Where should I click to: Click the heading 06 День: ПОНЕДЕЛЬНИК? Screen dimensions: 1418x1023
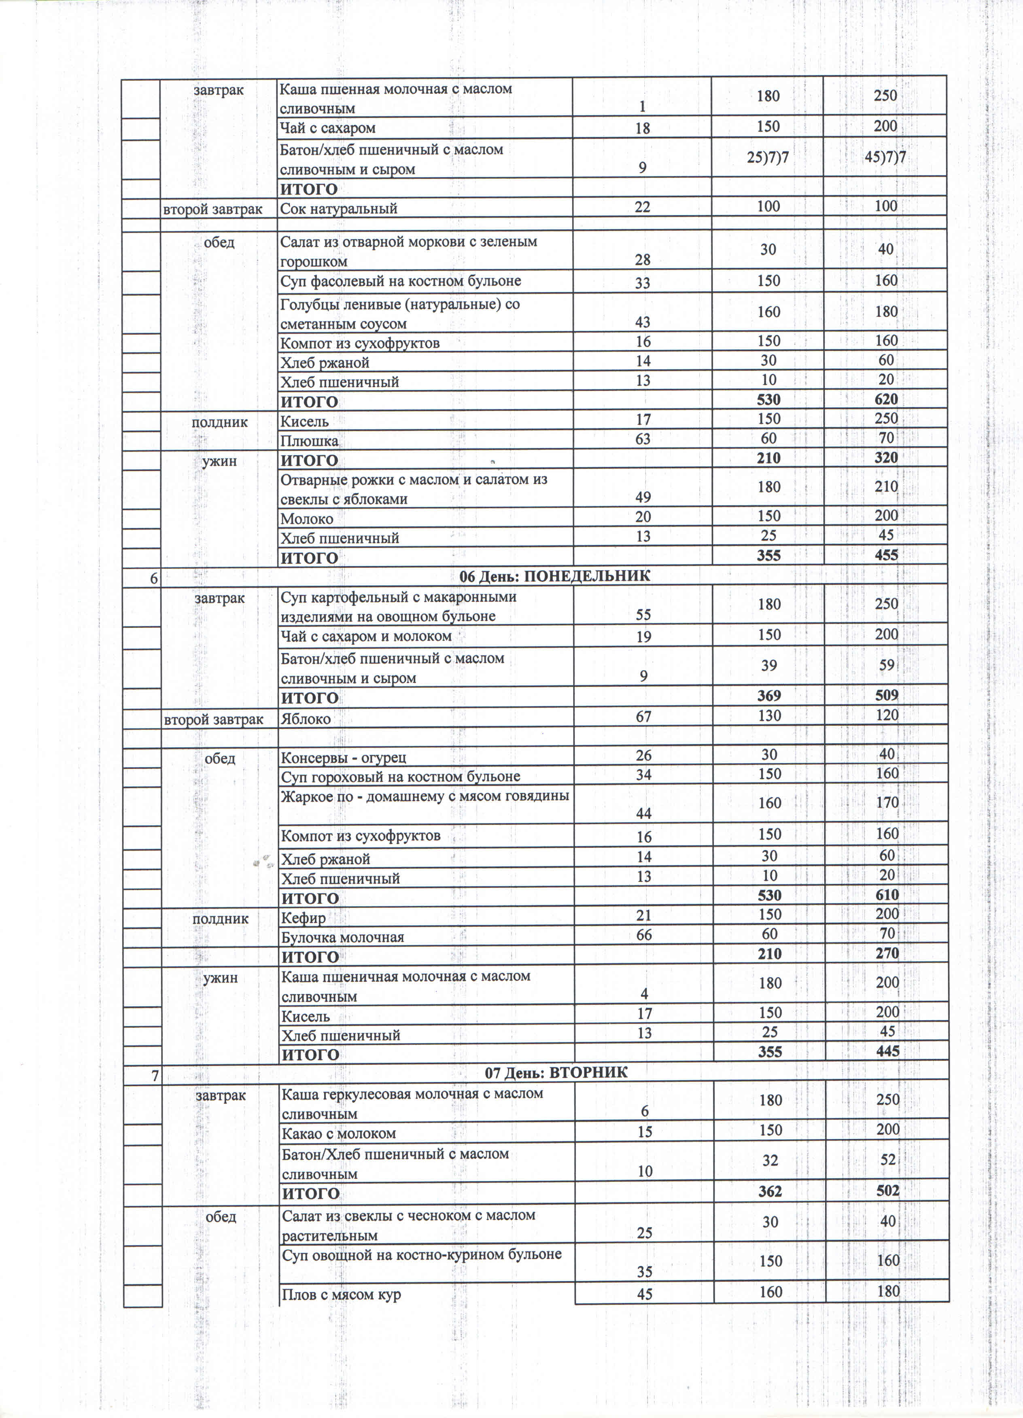(555, 576)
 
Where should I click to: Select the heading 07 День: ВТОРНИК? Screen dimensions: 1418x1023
(556, 1073)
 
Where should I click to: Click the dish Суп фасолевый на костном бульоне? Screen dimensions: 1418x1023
(400, 281)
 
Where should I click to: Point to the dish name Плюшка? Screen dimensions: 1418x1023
(309, 441)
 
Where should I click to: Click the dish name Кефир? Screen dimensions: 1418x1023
(303, 918)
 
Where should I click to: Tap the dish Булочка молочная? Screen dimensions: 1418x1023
(342, 937)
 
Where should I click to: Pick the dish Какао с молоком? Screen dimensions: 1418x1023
(338, 1134)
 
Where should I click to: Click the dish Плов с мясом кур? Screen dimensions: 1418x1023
(341, 1294)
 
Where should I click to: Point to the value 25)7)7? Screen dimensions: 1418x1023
(768, 158)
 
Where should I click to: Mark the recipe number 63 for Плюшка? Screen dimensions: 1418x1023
(643, 439)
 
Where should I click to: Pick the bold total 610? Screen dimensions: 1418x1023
(887, 895)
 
